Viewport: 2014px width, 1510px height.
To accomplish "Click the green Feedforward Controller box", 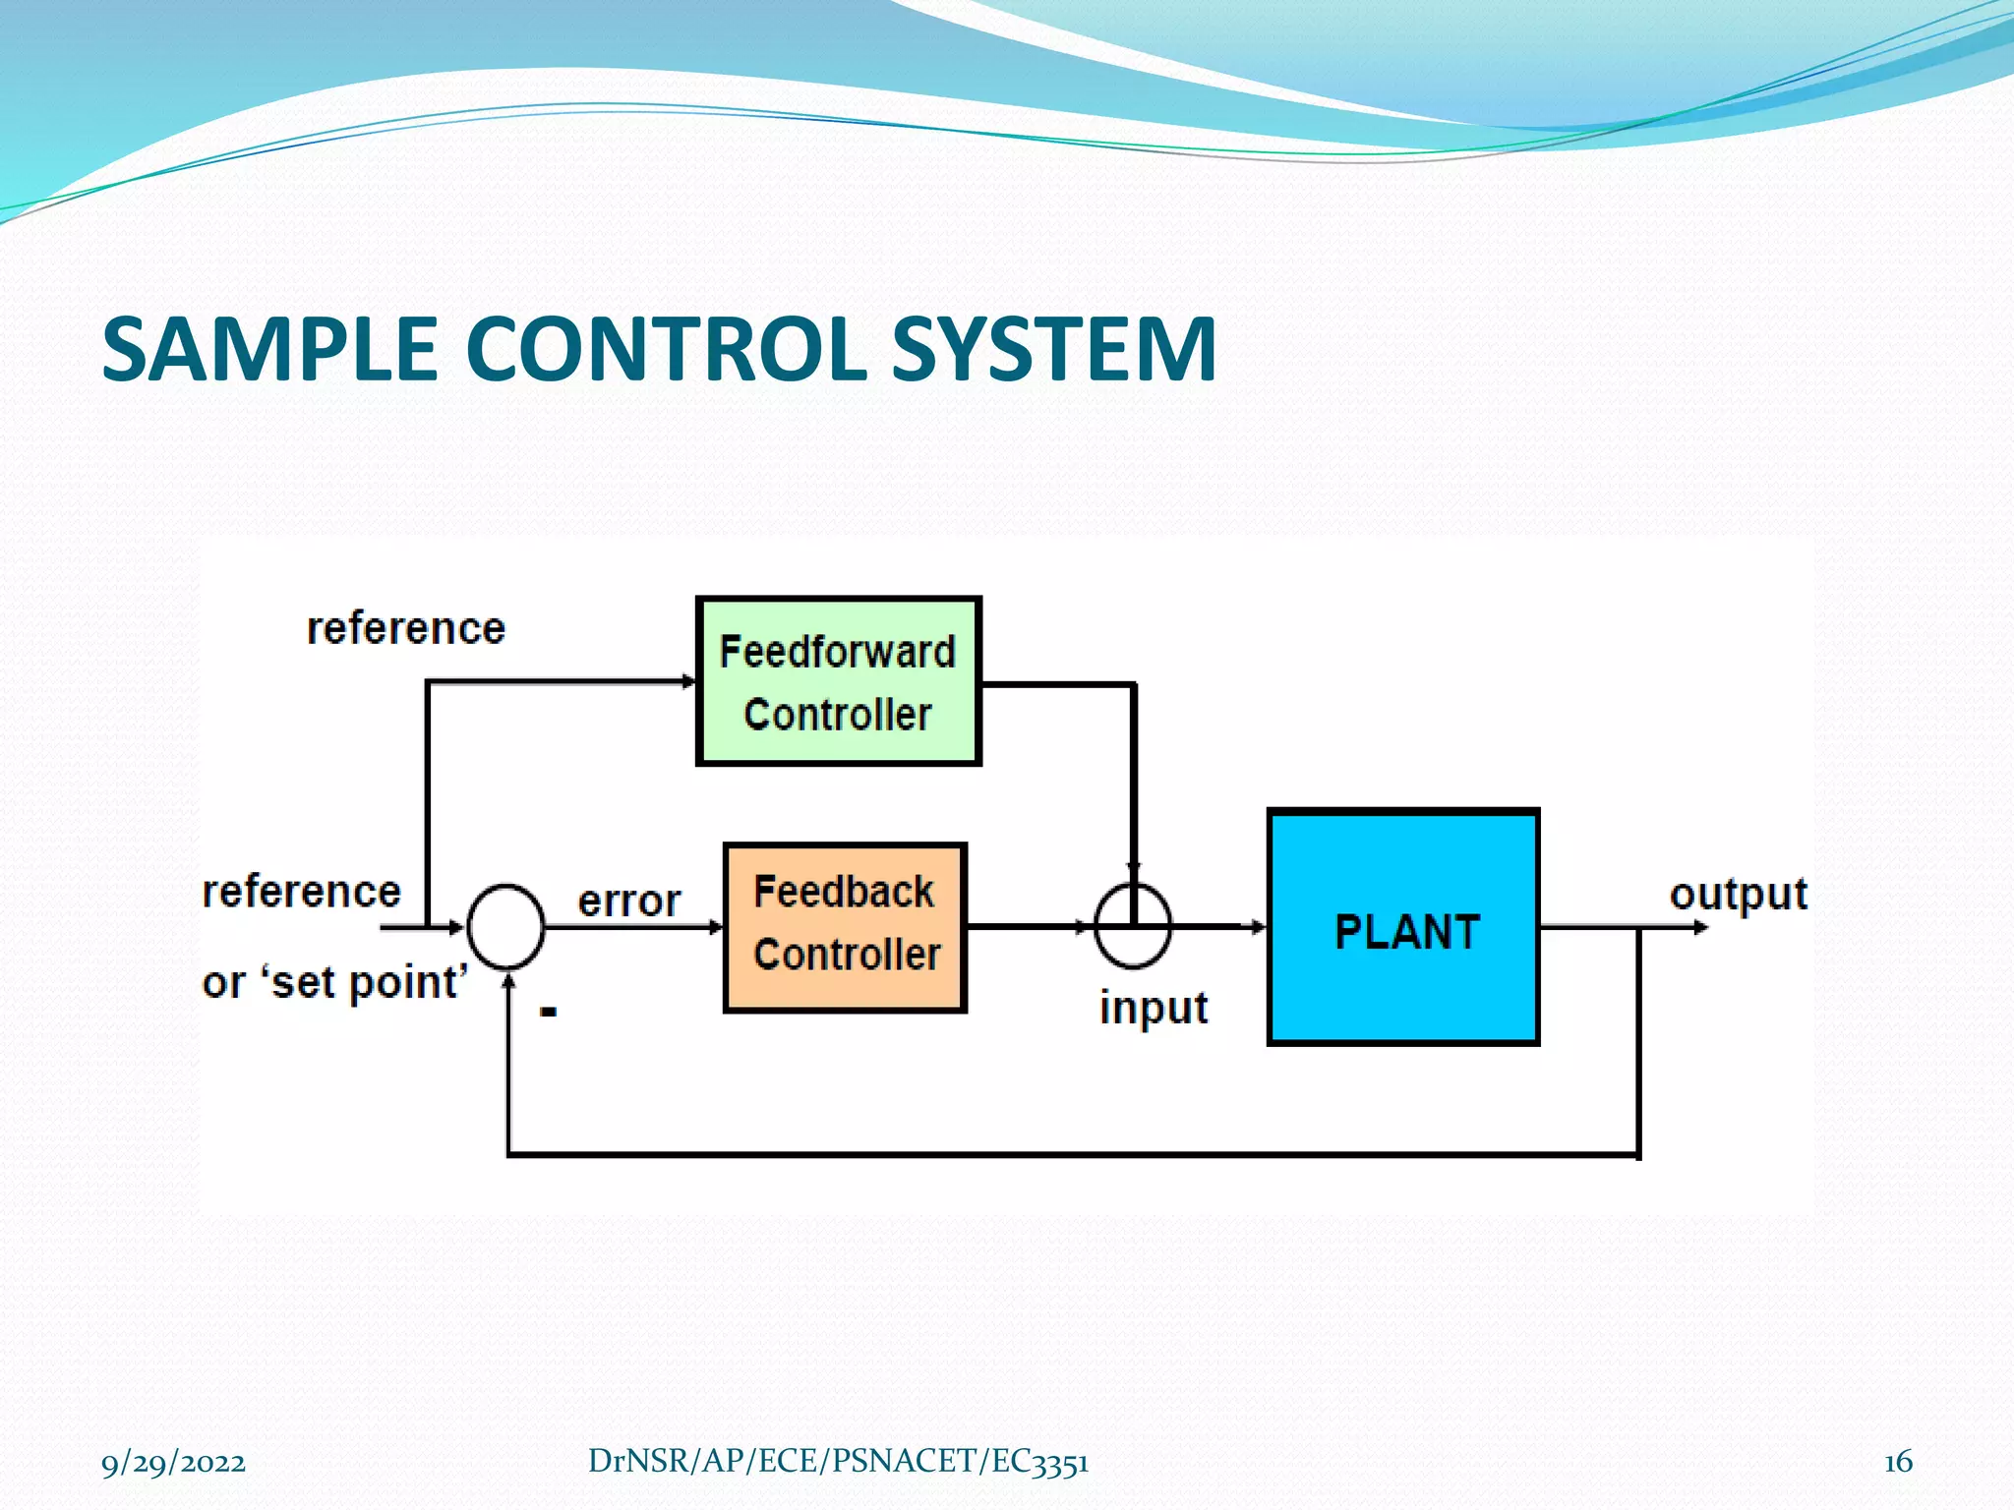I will pyautogui.click(x=838, y=681).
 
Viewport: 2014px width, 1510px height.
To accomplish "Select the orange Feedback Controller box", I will pyautogui.click(x=845, y=927).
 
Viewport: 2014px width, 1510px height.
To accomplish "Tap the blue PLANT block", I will pyautogui.click(x=1403, y=927).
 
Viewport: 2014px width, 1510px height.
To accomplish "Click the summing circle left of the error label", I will pyautogui.click(x=505, y=927).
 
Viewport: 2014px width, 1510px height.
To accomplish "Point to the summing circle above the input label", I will pyautogui.click(x=1133, y=927).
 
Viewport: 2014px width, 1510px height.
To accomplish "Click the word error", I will pyautogui.click(x=628, y=900).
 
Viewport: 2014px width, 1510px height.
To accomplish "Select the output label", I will pyautogui.click(x=1738, y=894).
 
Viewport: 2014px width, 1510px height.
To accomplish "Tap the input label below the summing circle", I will pyautogui.click(x=1153, y=1008).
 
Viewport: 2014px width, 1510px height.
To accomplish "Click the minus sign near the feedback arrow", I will pyautogui.click(x=549, y=1011).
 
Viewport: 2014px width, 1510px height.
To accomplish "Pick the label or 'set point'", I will pyautogui.click(x=334, y=982).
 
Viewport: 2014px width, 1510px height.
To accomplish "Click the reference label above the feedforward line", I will pyautogui.click(x=405, y=628).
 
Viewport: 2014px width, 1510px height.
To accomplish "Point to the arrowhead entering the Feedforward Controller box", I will pyautogui.click(x=688, y=681).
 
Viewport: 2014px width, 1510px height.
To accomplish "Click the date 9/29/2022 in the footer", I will pyautogui.click(x=173, y=1462).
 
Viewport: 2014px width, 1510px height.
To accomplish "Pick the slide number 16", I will pyautogui.click(x=1898, y=1462).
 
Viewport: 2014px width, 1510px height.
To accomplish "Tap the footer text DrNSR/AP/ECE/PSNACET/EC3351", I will pyautogui.click(x=838, y=1461).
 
